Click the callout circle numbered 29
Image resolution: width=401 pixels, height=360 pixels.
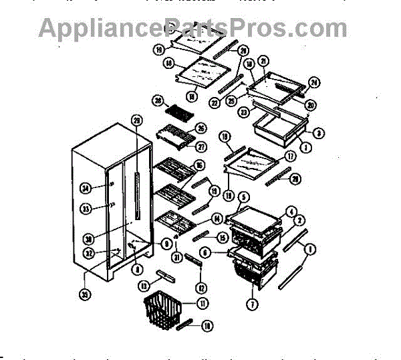(137, 120)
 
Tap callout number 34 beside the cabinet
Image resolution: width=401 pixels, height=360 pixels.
(85, 187)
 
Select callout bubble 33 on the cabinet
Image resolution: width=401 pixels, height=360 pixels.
(85, 209)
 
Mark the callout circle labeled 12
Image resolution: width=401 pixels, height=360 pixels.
(201, 288)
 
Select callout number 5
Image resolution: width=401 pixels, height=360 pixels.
(243, 197)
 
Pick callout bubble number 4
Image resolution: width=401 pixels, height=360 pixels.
(291, 211)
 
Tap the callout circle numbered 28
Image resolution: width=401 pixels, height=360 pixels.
(158, 101)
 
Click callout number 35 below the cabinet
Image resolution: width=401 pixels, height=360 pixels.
(85, 292)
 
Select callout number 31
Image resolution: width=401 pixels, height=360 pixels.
(177, 258)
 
